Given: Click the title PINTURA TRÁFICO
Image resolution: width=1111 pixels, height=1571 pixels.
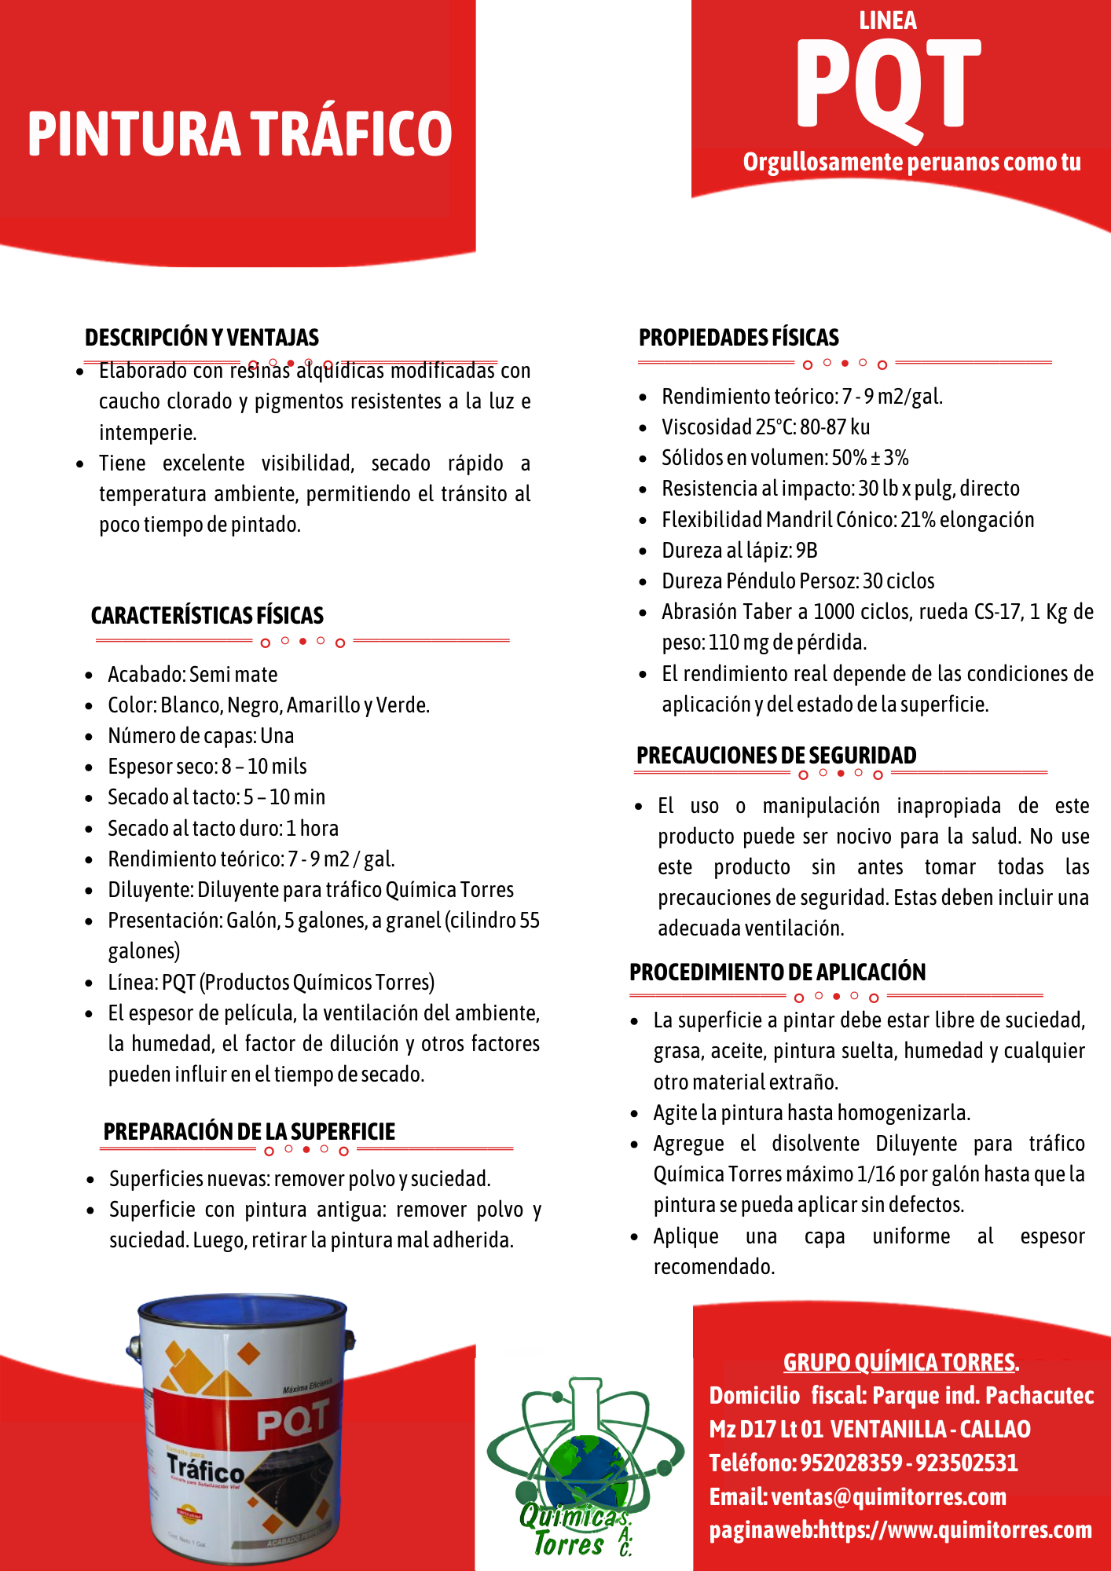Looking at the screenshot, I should pyautogui.click(x=240, y=134).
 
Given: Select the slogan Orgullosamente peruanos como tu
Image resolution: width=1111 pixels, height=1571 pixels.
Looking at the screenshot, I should pyautogui.click(x=911, y=163).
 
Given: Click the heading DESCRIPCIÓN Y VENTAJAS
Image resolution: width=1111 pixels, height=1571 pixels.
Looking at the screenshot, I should pyautogui.click(x=202, y=338).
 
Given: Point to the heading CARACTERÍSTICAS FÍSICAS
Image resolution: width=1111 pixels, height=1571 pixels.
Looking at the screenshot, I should pyautogui.click(x=207, y=615).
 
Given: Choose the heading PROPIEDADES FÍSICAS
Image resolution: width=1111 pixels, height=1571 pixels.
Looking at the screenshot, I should pyautogui.click(x=739, y=338).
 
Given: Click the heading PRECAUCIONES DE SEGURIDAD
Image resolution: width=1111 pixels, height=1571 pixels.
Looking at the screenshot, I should pyautogui.click(x=776, y=755).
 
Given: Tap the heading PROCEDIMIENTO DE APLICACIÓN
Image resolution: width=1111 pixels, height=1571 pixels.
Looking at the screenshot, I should pyautogui.click(x=777, y=972).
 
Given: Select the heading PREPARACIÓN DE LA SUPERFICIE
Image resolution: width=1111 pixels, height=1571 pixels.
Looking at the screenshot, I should pyautogui.click(x=249, y=1131).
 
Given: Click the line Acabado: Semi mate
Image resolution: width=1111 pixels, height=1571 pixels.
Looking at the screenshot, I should pyautogui.click(x=192, y=675).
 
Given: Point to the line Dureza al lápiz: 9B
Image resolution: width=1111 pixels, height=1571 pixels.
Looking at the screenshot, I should pyautogui.click(x=739, y=551).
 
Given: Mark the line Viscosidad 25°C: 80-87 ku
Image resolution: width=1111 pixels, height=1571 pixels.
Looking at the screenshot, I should pyautogui.click(x=765, y=427).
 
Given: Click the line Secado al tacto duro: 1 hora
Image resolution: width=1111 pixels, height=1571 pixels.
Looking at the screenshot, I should pyautogui.click(x=223, y=829).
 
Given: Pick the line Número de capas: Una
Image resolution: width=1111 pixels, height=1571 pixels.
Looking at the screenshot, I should pyautogui.click(x=201, y=736).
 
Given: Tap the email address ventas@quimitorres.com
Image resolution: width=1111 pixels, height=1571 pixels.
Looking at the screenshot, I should pyautogui.click(x=889, y=1497).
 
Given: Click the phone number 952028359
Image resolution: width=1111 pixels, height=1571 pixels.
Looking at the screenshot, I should pyautogui.click(x=851, y=1463).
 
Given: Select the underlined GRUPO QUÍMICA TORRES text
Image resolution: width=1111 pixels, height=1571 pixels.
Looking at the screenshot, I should pyautogui.click(x=900, y=1362).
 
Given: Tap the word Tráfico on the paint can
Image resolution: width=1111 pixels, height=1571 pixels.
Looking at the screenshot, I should pyautogui.click(x=206, y=1467).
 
